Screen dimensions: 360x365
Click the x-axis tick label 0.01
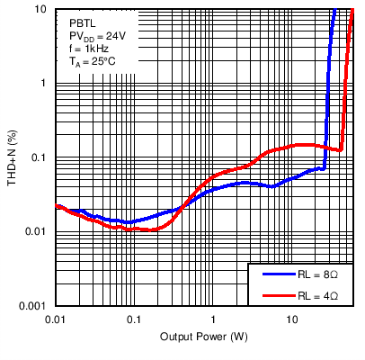click(x=56, y=319)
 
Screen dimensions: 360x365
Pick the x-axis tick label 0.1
click(x=134, y=319)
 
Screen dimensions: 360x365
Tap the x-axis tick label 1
click(x=213, y=319)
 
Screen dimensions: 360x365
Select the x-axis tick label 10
click(x=291, y=319)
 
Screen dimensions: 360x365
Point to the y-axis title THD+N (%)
click(x=13, y=158)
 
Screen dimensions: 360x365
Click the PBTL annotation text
click(x=83, y=21)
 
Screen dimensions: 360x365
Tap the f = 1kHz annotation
click(x=90, y=49)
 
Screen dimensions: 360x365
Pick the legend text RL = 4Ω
click(x=319, y=294)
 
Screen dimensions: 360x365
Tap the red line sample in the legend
click(x=272, y=294)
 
